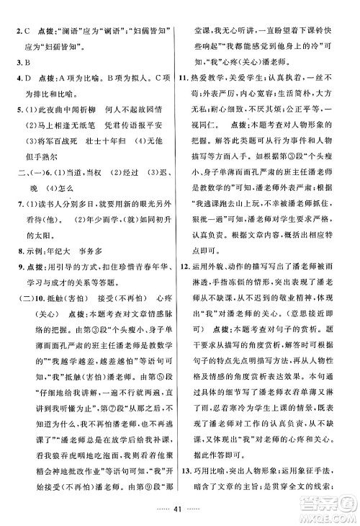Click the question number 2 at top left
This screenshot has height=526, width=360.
point(17,12)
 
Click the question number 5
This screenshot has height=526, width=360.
point(17,112)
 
